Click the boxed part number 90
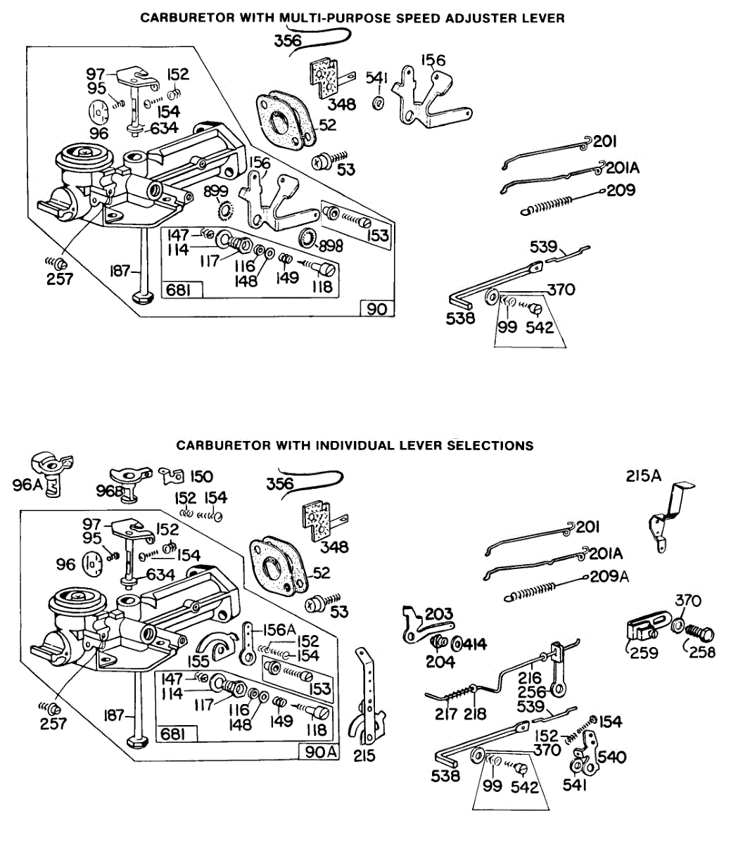tap(376, 309)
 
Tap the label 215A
tap(643, 476)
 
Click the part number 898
tap(330, 245)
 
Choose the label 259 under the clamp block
tap(643, 653)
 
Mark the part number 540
tap(611, 757)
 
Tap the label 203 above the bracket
tap(439, 615)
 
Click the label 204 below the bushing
tap(441, 662)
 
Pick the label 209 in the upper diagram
tap(621, 190)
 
